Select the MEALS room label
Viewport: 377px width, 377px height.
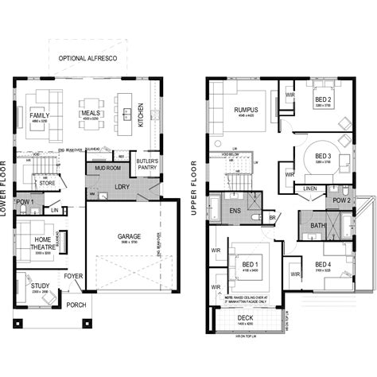click(x=91, y=113)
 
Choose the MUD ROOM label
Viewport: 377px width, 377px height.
click(x=107, y=169)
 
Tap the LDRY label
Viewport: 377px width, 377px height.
click(x=123, y=187)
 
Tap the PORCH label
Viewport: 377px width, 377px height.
click(x=77, y=304)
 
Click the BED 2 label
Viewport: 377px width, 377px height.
click(x=323, y=99)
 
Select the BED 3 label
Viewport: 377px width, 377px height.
click(x=323, y=156)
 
